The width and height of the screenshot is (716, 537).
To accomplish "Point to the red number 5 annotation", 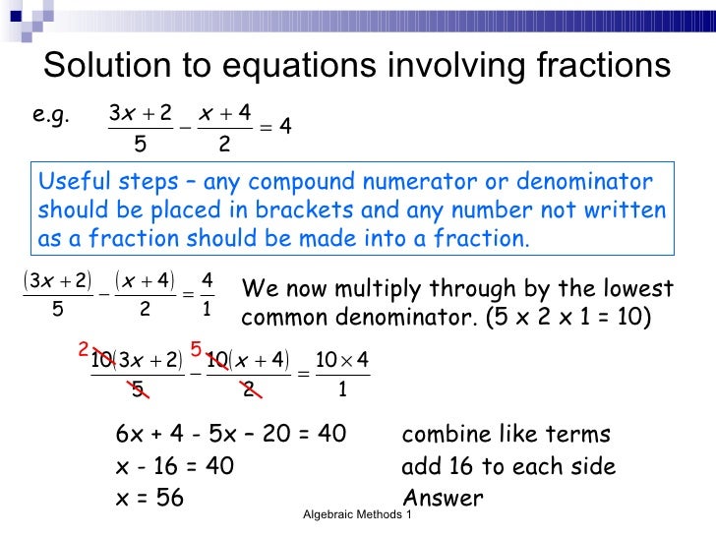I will click(196, 349).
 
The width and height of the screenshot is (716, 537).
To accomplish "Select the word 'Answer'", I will click(443, 498).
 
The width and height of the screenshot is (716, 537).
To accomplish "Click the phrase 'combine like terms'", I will click(506, 435).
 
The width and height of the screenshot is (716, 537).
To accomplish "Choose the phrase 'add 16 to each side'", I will click(508, 466).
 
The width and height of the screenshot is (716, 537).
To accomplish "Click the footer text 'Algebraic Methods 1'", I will click(357, 515).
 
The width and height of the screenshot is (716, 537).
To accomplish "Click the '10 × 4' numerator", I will click(341, 362).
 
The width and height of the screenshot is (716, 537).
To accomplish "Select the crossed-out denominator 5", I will click(140, 391).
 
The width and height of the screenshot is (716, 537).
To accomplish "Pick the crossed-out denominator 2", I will click(249, 391).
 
